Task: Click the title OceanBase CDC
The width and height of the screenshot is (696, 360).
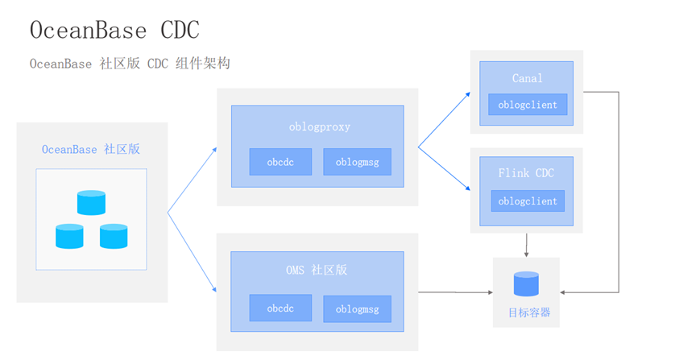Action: click(114, 30)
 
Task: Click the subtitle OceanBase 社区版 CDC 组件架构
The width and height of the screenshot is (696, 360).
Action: click(130, 64)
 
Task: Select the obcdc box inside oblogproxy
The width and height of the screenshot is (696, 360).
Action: click(280, 162)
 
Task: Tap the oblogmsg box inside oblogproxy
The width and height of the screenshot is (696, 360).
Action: click(357, 162)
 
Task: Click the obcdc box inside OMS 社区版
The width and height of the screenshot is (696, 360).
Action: click(280, 308)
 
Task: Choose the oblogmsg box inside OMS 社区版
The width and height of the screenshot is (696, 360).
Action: click(357, 308)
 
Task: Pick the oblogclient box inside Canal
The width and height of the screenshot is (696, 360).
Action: click(528, 105)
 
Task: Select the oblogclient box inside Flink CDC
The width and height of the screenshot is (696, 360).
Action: click(528, 201)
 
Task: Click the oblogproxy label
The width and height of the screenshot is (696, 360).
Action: click(319, 126)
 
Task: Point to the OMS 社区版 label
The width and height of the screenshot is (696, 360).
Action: click(317, 270)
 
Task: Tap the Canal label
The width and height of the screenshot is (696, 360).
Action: click(528, 78)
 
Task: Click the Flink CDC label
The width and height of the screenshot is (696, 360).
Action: click(528, 173)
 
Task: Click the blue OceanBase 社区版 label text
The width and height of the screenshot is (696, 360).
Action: click(91, 150)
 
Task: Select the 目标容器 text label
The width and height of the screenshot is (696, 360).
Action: click(526, 312)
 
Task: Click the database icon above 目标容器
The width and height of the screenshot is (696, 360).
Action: click(526, 284)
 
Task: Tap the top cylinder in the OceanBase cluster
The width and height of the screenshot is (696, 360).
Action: click(91, 202)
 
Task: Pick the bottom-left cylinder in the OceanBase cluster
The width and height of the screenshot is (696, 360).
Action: click(69, 236)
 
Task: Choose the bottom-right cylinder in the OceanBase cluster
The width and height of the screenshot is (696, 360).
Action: click(113, 236)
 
